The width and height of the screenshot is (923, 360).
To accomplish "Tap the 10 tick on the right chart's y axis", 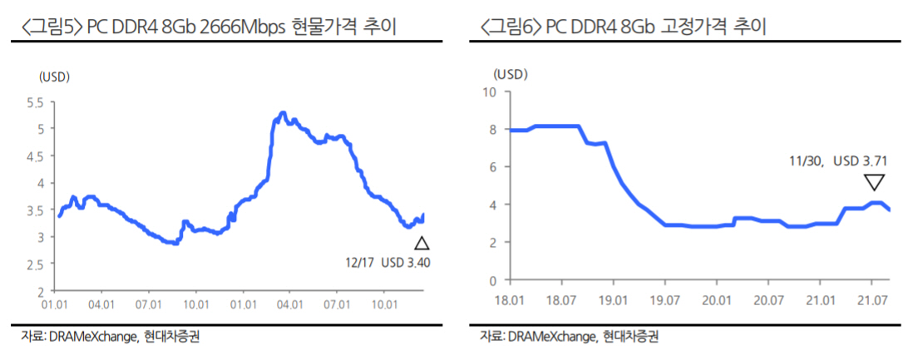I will pos(488,91).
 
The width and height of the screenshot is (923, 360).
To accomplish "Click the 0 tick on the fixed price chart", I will pos(491,280).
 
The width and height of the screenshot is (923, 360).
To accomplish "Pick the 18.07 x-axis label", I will pos(563,298).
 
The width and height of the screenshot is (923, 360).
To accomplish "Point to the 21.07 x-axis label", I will pos(873,298).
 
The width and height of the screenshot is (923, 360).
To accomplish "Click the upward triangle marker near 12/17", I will pos(422,244).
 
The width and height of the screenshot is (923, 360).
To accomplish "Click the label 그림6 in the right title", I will pos(512,27).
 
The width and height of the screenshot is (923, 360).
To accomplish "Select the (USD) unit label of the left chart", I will pos(53,76).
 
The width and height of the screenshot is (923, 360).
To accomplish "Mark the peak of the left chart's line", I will pos(283,112).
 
